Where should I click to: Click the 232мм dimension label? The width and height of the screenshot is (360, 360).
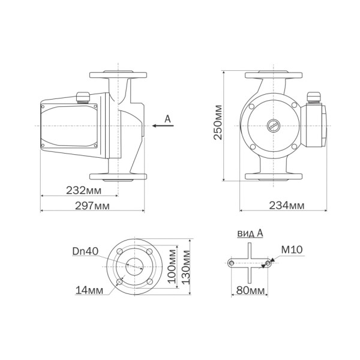[83, 190]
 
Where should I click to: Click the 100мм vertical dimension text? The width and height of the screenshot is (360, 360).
[173, 266]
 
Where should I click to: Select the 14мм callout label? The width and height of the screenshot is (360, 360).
[88, 290]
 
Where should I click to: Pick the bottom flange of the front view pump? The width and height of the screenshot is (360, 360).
[273, 176]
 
